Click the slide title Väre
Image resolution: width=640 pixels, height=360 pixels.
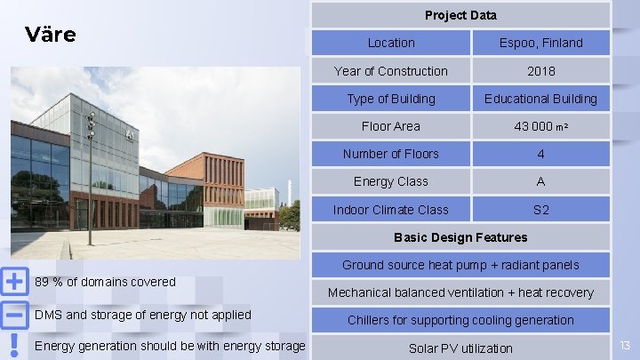[51, 35]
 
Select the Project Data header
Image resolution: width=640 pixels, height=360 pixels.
[460, 14]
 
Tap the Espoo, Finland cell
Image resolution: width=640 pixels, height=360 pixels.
[540, 43]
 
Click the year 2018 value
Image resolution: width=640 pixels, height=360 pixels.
[540, 71]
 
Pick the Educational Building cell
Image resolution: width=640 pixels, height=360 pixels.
[540, 99]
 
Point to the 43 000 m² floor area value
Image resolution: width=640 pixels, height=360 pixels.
[540, 126]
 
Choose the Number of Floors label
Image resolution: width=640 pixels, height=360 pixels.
[391, 154]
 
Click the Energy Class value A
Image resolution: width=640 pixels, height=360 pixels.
[540, 181]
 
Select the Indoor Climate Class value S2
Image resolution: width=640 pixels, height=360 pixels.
[540, 210]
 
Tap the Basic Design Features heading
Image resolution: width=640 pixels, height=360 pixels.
[460, 237]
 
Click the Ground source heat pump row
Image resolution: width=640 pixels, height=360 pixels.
[460, 265]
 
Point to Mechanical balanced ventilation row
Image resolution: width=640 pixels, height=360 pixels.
[460, 292]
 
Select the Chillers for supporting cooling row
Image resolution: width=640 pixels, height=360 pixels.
[460, 320]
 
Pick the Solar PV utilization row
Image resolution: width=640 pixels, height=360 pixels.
[460, 348]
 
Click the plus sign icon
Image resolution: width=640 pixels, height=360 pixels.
[14, 282]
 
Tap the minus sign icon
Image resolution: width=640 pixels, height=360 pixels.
[14, 315]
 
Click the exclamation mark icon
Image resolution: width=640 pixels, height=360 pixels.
[14, 345]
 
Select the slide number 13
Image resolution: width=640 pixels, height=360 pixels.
[625, 345]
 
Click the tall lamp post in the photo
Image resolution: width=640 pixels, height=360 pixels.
[89, 178]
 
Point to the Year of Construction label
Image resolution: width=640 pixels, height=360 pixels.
[391, 71]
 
